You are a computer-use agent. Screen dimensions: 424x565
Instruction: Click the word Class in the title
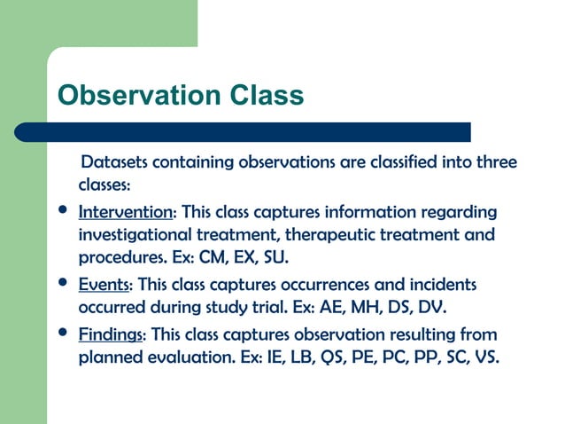tap(271, 95)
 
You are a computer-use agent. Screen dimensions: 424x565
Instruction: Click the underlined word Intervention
tap(126, 213)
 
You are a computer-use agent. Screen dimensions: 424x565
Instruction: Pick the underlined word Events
tap(104, 285)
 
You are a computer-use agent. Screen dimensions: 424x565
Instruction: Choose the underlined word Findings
tap(112, 335)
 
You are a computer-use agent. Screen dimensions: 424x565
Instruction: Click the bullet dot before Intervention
tap(61, 212)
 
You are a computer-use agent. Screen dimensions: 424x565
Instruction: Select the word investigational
tap(134, 236)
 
